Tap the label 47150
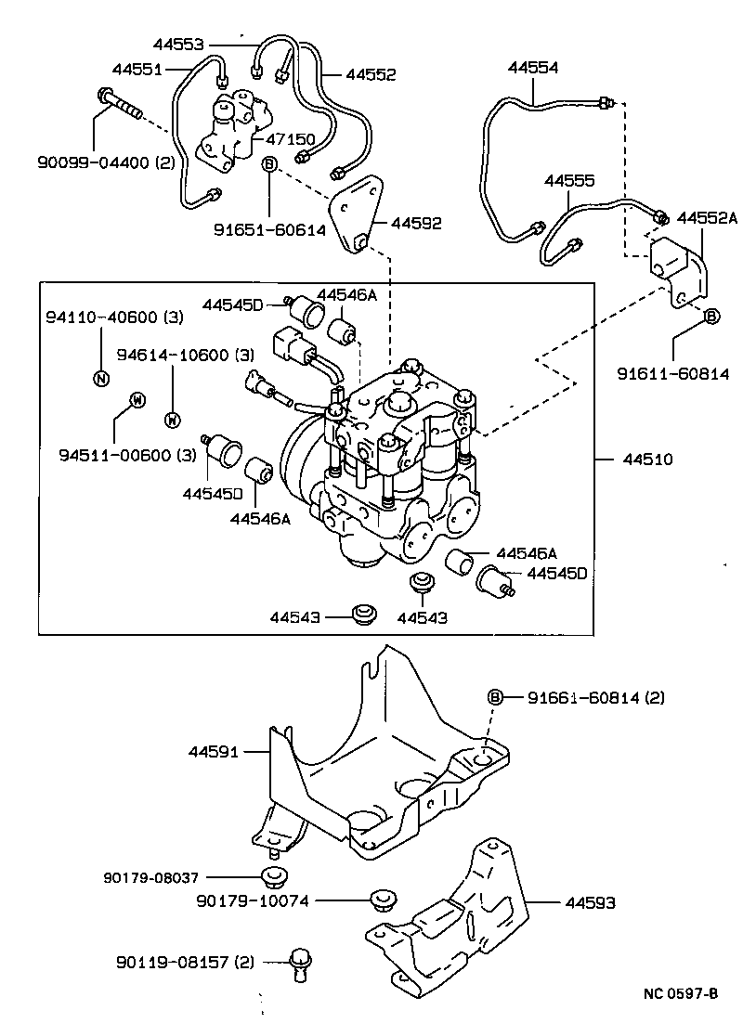tap(291, 139)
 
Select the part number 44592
tap(416, 223)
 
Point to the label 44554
tap(533, 68)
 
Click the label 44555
tap(569, 180)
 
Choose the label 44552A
tap(706, 217)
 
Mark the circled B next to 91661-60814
tap(495, 697)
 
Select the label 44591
tap(215, 752)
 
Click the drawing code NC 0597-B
tap(681, 994)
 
